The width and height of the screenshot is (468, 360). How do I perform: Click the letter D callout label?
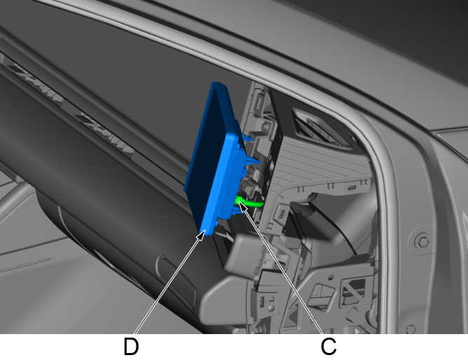[x=131, y=347]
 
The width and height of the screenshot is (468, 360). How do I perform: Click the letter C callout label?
[x=329, y=347]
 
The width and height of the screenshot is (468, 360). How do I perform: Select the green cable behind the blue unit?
[x=249, y=203]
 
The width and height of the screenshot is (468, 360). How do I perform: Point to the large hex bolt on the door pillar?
[x=423, y=242]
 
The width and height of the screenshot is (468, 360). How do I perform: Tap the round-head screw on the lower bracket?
[x=270, y=307]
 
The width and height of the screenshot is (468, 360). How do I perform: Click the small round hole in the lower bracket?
[x=331, y=277]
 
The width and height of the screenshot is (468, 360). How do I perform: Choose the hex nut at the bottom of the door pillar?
[x=411, y=329]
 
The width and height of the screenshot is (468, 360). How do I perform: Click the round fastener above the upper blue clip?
[x=265, y=127]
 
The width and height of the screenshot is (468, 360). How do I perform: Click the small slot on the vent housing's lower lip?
[x=351, y=188]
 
